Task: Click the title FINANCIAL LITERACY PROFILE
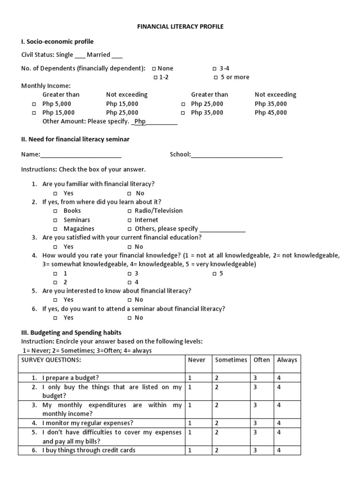tap(180, 27)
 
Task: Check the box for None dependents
tap(154, 69)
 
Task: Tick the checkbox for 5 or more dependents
tap(216, 78)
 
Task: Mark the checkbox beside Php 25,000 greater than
tap(184, 104)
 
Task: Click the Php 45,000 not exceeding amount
tap(270, 113)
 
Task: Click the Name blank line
tap(81, 155)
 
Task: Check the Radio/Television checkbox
tap(129, 211)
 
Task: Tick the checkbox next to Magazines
tap(55, 229)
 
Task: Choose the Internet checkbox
tap(129, 220)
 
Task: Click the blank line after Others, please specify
tap(222, 230)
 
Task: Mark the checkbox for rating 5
tap(214, 274)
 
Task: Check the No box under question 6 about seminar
tap(129, 318)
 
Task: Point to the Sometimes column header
tap(231, 360)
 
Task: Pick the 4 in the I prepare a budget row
tap(279, 378)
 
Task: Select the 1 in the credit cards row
tap(190, 450)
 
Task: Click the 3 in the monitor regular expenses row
tap(255, 423)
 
